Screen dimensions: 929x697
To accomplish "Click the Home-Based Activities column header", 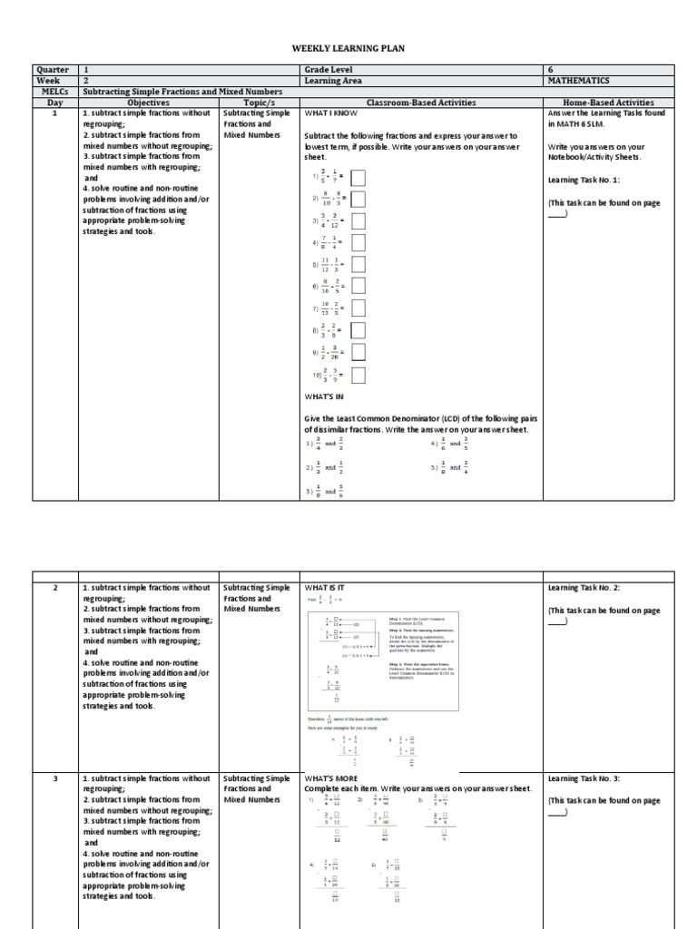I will [608, 103].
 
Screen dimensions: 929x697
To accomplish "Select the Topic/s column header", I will [258, 103].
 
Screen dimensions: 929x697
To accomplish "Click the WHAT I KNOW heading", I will [331, 114].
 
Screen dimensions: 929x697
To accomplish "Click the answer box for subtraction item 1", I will [358, 177].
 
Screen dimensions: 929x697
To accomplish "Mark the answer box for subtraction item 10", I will [358, 375].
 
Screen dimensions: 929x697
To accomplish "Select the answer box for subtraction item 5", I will [358, 264].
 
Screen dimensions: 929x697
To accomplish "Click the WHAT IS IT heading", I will [325, 588].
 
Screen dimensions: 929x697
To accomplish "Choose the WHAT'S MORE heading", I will [331, 778].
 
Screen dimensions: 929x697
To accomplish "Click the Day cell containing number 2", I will [56, 588].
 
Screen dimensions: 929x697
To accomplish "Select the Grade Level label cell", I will [329, 69].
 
